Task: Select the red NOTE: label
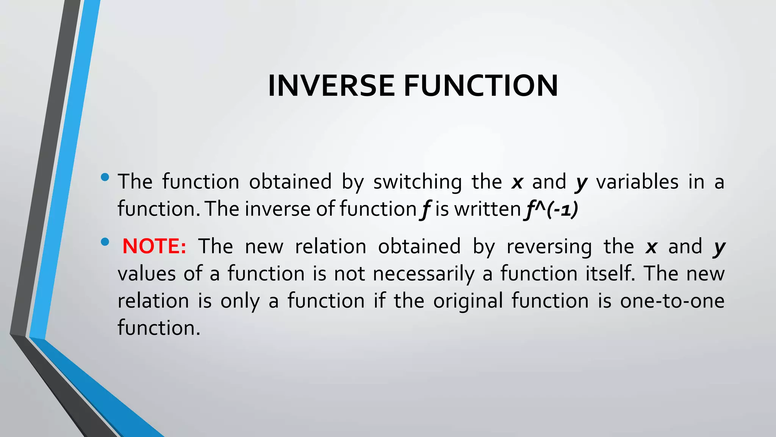154,246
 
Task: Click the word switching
418,182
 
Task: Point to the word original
468,301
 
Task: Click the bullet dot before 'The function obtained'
105,177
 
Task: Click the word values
147,274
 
